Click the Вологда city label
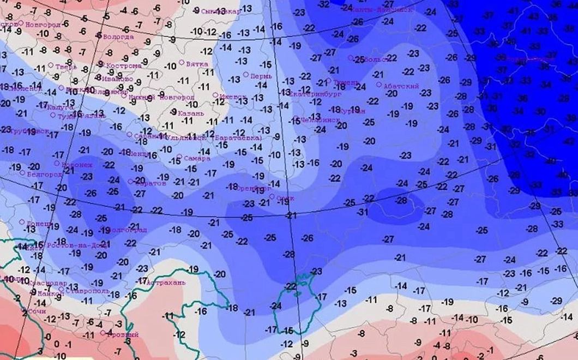pyautogui.click(x=118, y=37)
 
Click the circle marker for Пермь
pyautogui.click(x=246, y=74)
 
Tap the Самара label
pyautogui.click(x=197, y=159)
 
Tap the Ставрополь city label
pyautogui.click(x=83, y=292)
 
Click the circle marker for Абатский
pyautogui.click(x=379, y=85)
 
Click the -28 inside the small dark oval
pyautogui.click(x=401, y=201)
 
